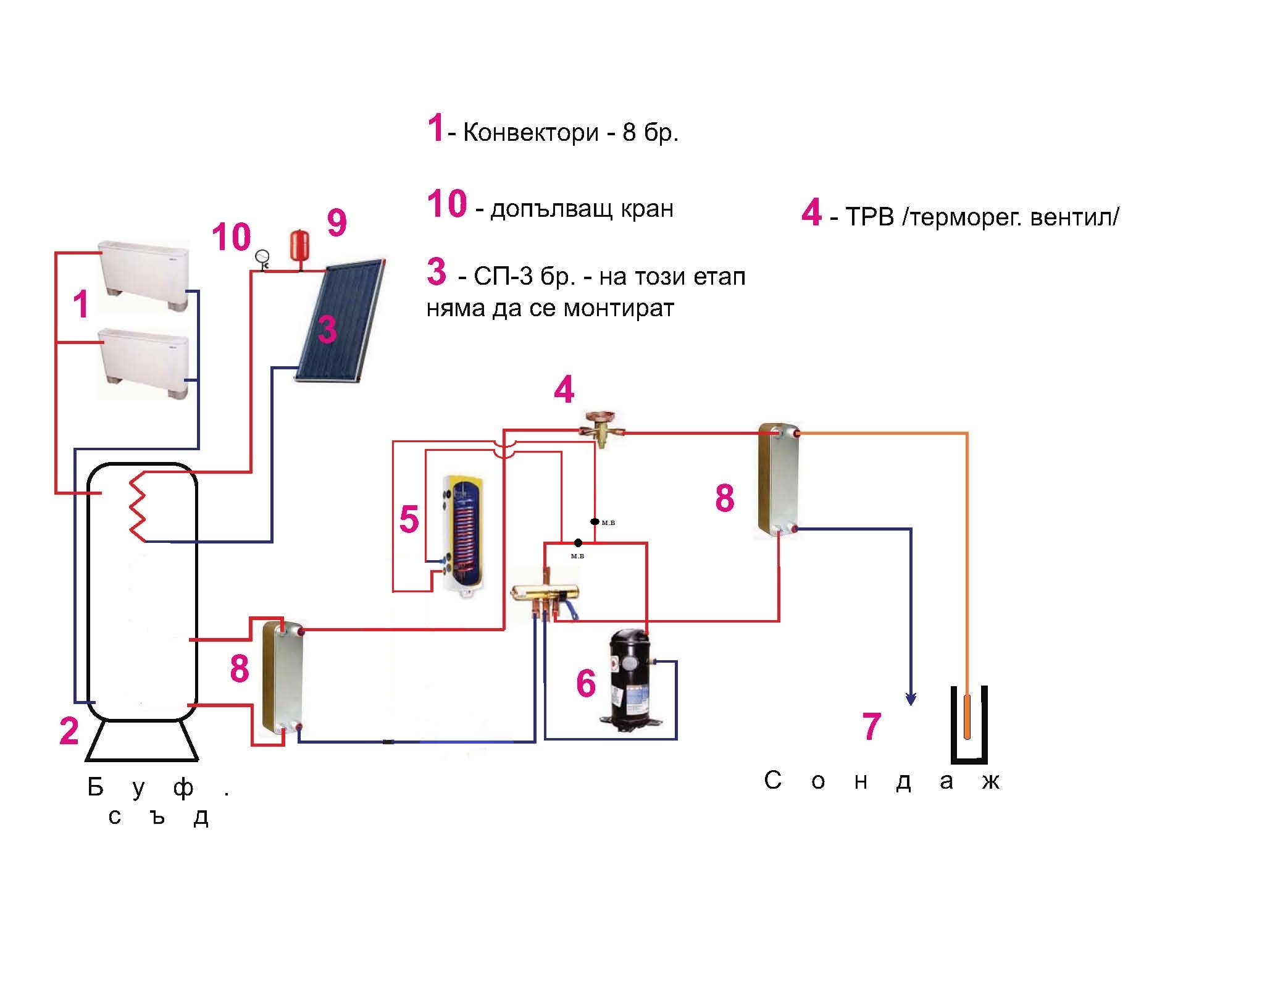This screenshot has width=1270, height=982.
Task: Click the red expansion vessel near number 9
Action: click(300, 245)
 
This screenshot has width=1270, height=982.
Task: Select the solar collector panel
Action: click(340, 322)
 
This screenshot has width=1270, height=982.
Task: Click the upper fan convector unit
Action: click(143, 279)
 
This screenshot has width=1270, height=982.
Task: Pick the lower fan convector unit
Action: click(143, 362)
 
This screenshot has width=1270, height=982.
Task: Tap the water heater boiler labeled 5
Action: click(462, 533)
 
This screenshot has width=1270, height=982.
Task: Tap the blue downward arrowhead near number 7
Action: click(911, 699)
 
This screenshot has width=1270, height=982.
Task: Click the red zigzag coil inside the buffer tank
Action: click(136, 508)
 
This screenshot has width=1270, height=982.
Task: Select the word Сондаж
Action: click(882, 781)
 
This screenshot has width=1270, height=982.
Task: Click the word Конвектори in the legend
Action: click(530, 133)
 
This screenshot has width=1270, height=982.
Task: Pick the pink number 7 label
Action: click(871, 726)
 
